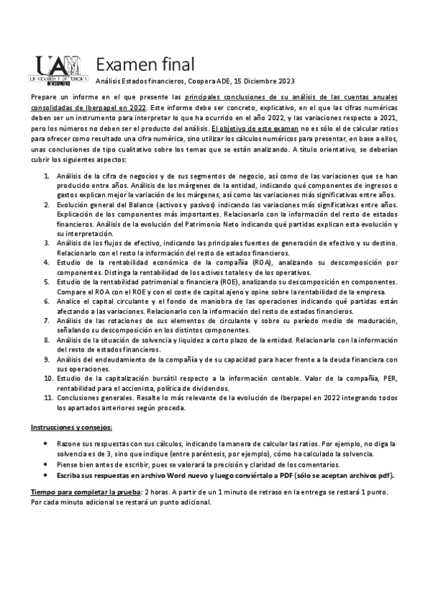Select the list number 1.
coord(46,176)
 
